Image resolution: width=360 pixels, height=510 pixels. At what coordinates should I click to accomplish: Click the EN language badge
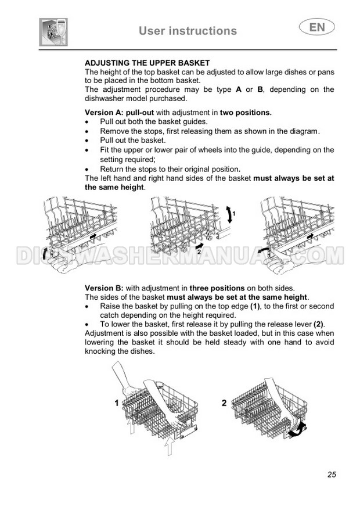tap(316, 27)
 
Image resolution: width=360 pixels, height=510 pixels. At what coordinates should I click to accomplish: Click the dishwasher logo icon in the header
tap(53, 32)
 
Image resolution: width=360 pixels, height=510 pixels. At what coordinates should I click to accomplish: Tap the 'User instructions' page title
tap(188, 31)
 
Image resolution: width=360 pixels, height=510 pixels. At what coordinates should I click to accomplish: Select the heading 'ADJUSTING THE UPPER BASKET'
tap(147, 63)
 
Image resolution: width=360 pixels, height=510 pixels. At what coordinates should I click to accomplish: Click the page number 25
tap(332, 475)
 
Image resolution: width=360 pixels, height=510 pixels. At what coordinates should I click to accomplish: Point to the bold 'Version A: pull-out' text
tap(120, 113)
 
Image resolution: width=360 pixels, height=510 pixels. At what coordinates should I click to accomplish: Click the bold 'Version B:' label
tap(104, 288)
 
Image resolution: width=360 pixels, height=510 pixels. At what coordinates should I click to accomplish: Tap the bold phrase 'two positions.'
tap(246, 113)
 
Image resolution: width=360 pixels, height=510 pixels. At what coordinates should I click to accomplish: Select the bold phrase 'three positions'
tap(217, 288)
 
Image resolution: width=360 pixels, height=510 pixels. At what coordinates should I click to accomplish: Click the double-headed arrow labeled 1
tap(229, 214)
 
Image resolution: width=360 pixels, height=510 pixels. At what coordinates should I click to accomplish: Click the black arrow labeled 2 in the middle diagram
tap(199, 246)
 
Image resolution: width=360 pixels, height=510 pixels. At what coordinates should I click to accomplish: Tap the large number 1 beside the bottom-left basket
tap(117, 403)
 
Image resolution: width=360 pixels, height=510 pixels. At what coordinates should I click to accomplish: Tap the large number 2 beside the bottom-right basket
tap(224, 403)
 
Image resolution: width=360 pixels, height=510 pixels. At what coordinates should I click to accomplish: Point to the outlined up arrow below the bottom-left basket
tap(168, 446)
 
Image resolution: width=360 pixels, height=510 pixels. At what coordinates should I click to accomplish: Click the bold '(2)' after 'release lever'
tap(319, 324)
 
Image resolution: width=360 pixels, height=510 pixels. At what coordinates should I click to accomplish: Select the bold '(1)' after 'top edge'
tap(255, 306)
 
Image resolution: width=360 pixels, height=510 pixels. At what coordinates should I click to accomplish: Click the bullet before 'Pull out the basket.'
tap(87, 141)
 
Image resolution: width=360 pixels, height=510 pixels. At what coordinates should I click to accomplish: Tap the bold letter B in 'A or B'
tap(260, 89)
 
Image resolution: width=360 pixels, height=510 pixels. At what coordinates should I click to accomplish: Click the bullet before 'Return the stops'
tap(87, 170)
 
